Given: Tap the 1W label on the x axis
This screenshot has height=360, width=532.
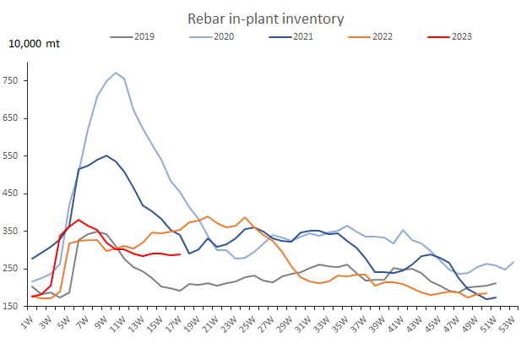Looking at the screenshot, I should pos(28,324).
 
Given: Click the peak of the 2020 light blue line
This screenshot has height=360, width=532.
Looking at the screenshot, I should pos(116,73).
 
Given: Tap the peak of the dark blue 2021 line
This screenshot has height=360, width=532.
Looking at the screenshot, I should pos(106,155).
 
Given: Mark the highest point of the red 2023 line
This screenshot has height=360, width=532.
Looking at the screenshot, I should pos(79,220).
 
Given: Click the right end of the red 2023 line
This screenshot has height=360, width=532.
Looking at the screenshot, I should pos(180,254).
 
